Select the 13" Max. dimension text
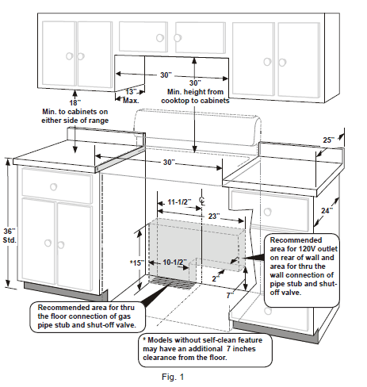[131, 96]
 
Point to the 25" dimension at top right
[328, 140]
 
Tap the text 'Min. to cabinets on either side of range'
[75, 117]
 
